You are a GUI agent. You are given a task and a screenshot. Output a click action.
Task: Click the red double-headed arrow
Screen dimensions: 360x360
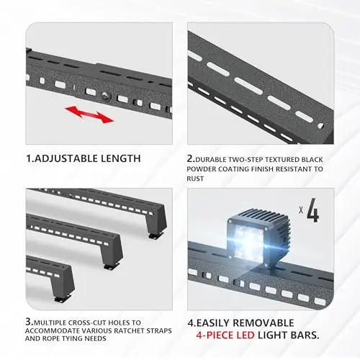point(89,114)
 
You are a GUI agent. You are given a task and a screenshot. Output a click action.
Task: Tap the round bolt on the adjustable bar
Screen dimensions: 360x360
point(105,96)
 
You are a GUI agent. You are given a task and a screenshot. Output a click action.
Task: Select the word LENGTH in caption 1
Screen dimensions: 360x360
point(120,158)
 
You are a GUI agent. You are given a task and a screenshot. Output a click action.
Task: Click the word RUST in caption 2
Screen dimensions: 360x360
point(195,179)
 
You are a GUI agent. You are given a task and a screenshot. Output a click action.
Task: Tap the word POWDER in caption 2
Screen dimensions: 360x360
point(202,169)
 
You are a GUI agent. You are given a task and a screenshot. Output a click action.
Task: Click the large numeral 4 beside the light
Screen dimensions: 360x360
point(313,210)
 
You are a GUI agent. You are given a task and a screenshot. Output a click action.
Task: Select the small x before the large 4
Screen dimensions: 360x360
point(301,210)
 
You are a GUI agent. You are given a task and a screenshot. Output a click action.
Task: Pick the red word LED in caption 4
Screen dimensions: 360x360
point(246,335)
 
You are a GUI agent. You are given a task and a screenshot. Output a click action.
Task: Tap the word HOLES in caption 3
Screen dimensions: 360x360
point(120,323)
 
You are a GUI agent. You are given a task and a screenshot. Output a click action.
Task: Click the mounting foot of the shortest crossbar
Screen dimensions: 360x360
point(63,298)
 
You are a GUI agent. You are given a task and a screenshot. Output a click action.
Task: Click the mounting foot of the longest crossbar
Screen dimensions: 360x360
point(156,235)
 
